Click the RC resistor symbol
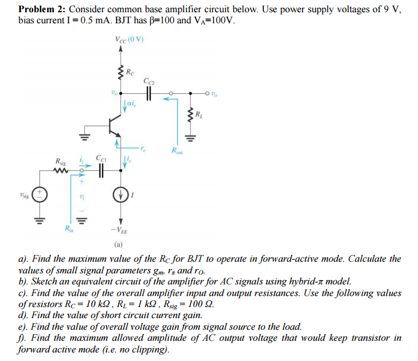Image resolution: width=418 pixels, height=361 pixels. (x=120, y=74)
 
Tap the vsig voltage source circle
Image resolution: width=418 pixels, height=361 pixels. (x=41, y=195)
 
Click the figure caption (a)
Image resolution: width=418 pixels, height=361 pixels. (x=120, y=245)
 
